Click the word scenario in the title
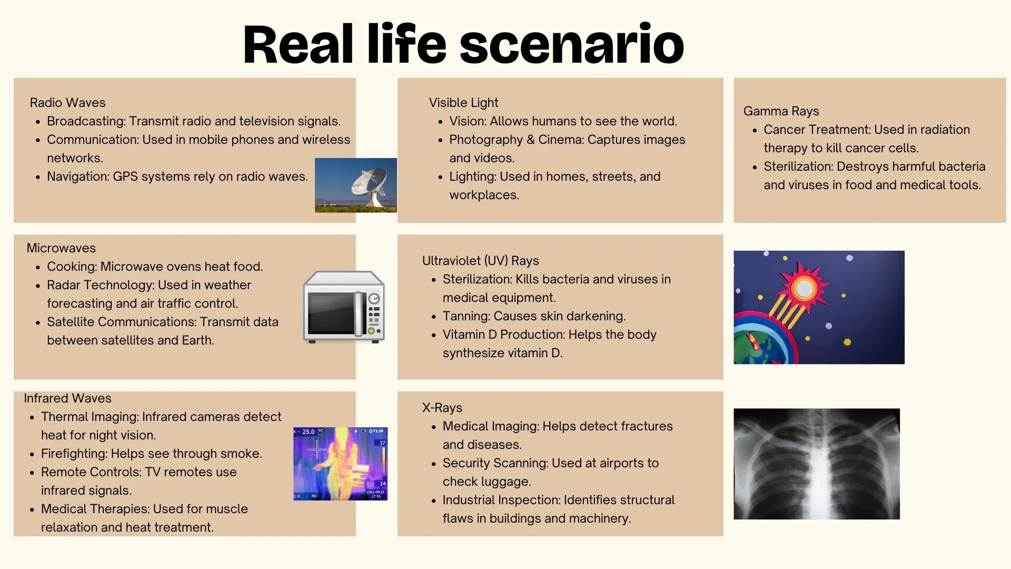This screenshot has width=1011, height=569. pos(572,45)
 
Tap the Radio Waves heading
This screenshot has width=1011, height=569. pos(67,103)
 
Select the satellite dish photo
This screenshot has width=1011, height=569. pos(356,185)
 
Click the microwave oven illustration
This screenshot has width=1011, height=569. pos(344,307)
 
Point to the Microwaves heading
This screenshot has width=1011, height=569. pos(61,248)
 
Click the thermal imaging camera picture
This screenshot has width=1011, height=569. pos(340,464)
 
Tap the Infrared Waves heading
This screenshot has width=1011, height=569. pos(67,398)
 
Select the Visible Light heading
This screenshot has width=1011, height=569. pos(463,103)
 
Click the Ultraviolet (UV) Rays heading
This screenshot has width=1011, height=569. pos(480,261)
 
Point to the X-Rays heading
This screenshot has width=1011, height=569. pos(442,408)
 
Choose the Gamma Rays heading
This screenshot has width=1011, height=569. pos(781,111)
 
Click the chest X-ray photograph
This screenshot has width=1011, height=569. pos(816,464)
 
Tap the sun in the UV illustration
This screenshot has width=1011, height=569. pos(804,288)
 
